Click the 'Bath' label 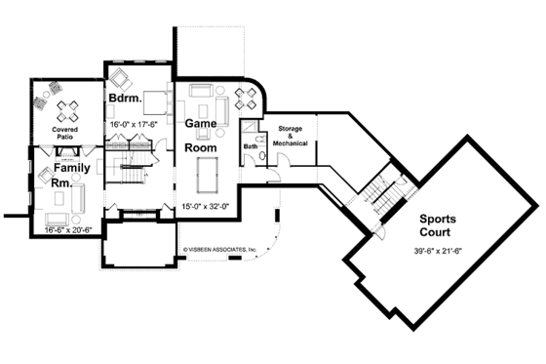(250, 146)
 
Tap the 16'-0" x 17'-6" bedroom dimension (133, 126)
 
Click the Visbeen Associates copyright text (219, 250)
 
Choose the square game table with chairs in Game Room (246, 98)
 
